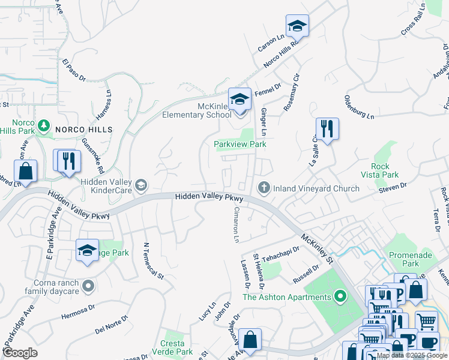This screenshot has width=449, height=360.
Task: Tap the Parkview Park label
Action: click(240, 144)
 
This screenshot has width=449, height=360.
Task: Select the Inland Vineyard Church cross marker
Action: click(263, 188)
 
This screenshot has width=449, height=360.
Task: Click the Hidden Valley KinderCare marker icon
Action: click(140, 184)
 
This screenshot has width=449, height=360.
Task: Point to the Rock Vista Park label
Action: click(381, 170)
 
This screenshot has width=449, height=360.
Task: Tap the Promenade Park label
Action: click(412, 259)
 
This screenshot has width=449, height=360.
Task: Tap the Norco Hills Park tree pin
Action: click(43, 125)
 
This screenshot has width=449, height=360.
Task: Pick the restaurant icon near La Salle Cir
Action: click(327, 129)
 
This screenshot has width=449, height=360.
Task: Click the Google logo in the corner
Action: click(20, 353)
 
